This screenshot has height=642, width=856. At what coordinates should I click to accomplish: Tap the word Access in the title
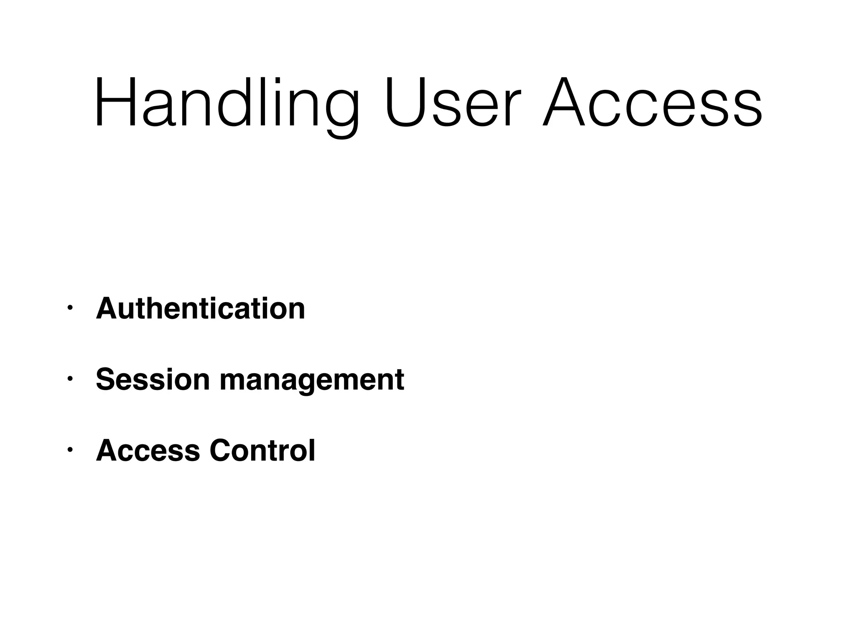(652, 102)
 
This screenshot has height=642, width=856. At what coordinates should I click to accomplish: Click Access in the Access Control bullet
(148, 451)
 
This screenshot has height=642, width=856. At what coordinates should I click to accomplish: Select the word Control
(262, 451)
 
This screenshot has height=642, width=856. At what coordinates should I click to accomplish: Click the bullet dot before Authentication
(70, 308)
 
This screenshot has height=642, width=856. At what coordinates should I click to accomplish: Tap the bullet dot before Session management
(70, 380)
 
